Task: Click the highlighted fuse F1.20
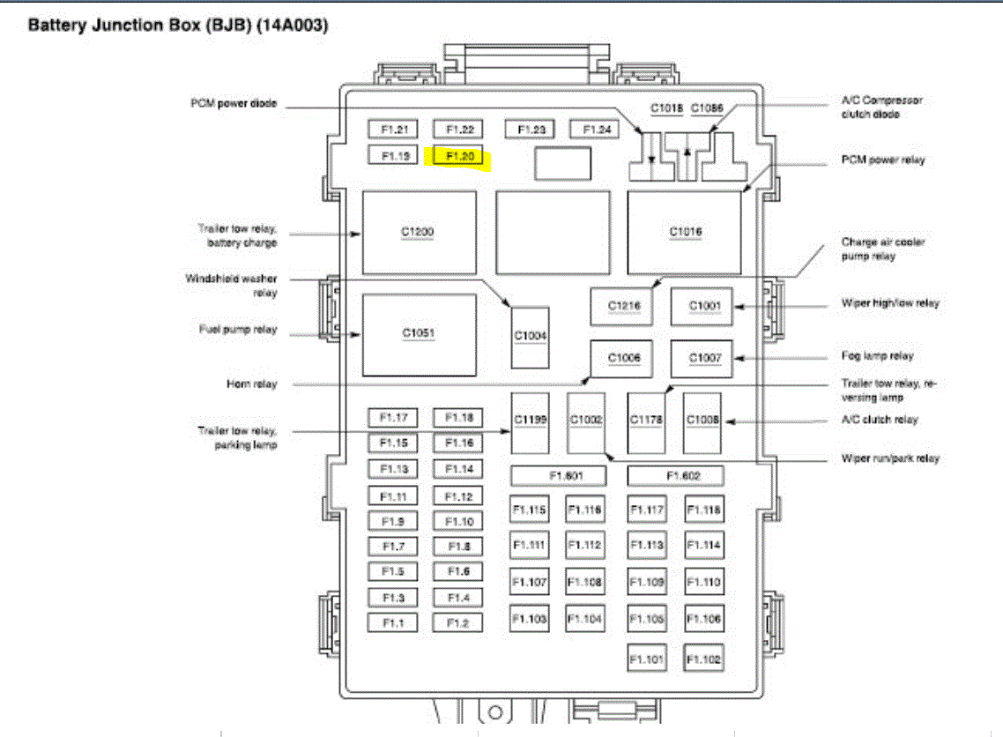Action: point(460,156)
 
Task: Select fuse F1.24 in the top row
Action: point(595,130)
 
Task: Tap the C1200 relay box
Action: point(419,232)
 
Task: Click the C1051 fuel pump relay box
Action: point(419,333)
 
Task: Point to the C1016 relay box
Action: point(684,232)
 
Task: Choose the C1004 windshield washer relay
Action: point(531,337)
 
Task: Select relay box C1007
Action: point(702,358)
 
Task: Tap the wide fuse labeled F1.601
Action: point(560,476)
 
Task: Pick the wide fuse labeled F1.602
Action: point(676,476)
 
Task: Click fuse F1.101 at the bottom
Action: point(646,659)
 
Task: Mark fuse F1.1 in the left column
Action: point(393,622)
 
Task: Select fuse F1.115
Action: point(529,510)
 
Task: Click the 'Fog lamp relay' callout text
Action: point(877,356)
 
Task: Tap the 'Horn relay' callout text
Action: point(252,384)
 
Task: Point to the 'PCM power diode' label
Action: point(234,103)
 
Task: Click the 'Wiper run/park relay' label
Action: point(890,458)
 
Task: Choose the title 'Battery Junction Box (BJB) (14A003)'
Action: point(178,26)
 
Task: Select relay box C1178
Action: point(646,421)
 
